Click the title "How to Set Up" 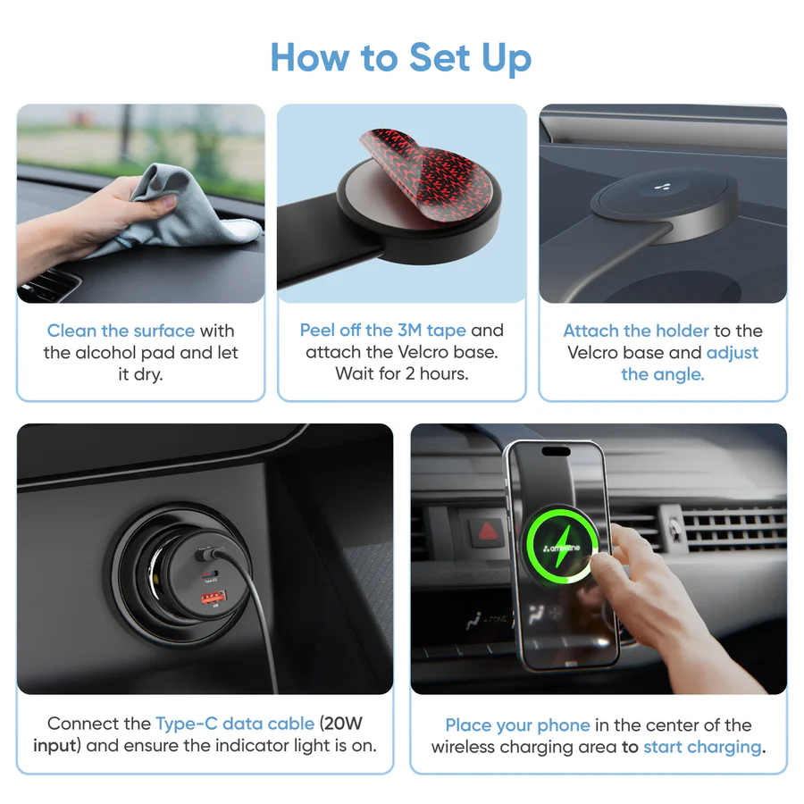click(x=401, y=58)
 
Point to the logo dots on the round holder click(x=662, y=188)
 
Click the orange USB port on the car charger click(x=214, y=597)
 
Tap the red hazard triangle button click(x=487, y=532)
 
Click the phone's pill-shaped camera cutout click(x=557, y=452)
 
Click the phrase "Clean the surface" click(x=121, y=331)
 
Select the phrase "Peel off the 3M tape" click(x=383, y=331)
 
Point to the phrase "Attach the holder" click(x=636, y=331)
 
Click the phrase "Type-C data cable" click(x=235, y=724)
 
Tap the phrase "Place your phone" click(x=517, y=725)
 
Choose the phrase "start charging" click(x=702, y=747)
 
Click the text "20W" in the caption click(x=343, y=723)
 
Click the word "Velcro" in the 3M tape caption click(x=423, y=352)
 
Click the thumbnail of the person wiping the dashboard click(x=141, y=204)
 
